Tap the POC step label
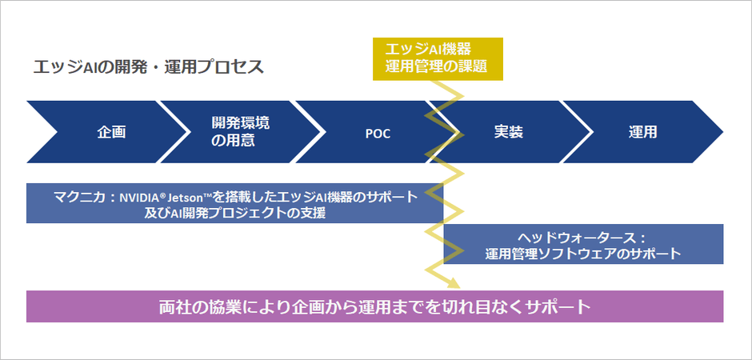377,133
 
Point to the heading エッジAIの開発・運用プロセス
148,67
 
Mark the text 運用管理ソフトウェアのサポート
583,254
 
